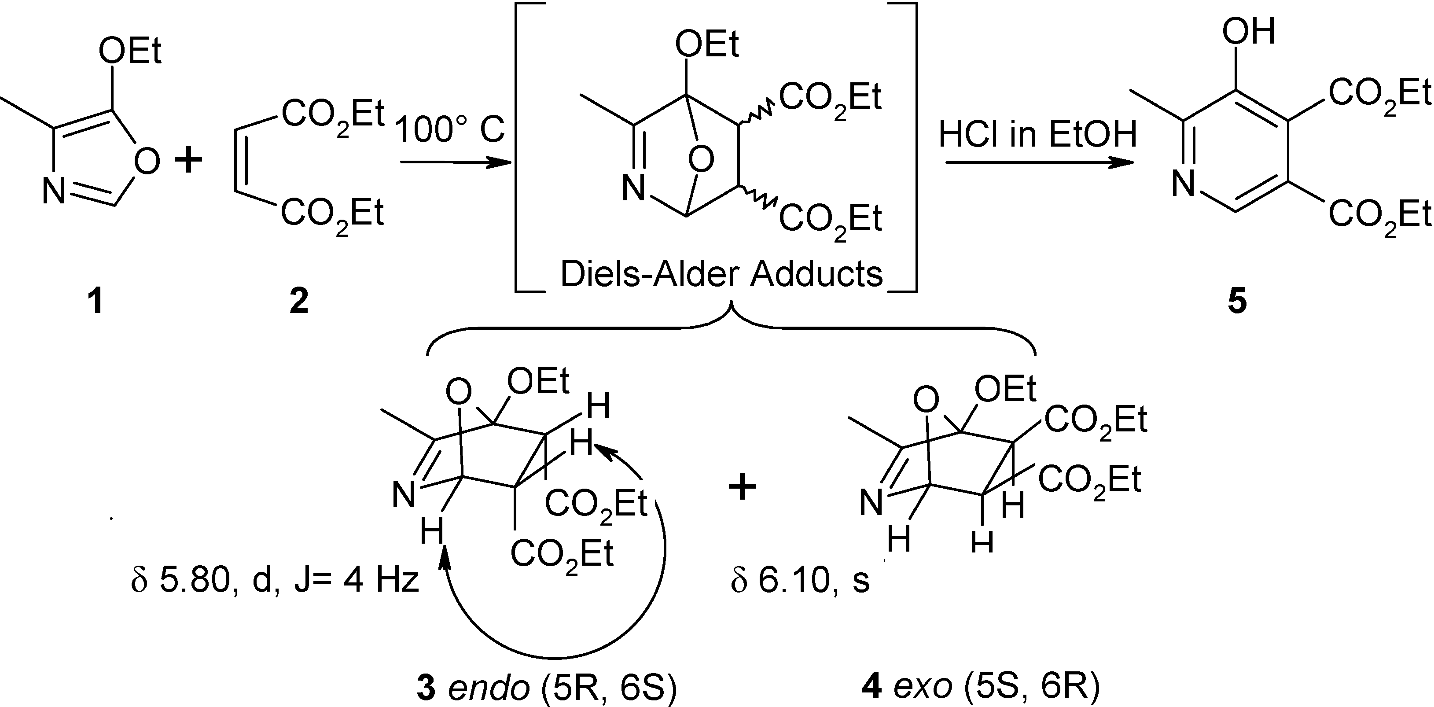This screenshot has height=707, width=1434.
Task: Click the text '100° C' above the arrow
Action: point(450,129)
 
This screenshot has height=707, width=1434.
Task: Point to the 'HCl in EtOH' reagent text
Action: point(1037,135)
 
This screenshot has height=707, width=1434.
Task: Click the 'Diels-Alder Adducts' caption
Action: point(721,274)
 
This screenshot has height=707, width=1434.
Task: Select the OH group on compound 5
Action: point(1248,32)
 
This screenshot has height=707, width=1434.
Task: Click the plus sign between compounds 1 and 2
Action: point(189,162)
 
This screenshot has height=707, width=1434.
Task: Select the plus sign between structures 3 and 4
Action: point(743,487)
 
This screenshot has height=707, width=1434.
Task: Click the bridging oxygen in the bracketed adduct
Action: point(701,160)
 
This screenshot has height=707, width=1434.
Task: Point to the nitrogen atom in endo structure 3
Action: point(404,494)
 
